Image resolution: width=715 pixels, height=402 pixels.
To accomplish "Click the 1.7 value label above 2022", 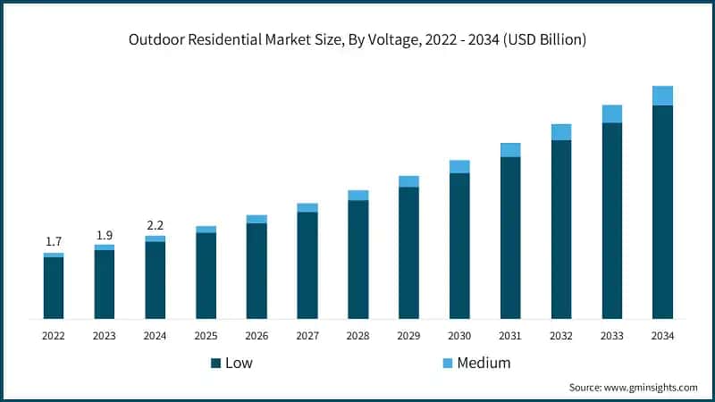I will point(54,242).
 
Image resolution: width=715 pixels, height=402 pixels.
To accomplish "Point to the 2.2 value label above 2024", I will point(155,225).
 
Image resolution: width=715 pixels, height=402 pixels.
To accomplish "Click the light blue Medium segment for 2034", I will point(662,96).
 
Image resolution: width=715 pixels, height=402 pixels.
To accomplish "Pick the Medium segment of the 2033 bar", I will point(611,113).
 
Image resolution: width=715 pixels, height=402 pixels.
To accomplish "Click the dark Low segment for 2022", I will point(54,288).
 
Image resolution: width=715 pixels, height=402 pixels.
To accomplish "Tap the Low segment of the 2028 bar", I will point(358,259).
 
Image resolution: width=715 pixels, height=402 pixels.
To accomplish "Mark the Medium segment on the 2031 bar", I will point(510,150).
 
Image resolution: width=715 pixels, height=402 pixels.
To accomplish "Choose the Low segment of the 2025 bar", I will point(206,275).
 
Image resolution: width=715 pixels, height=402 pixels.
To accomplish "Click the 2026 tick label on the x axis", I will point(257,336).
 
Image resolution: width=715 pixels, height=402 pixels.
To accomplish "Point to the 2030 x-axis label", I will point(459,336).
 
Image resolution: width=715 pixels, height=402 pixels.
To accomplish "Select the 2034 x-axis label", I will point(662,336).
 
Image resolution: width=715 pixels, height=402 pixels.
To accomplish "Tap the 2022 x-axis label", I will point(54,336).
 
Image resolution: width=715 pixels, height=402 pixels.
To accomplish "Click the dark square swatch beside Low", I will point(215,363).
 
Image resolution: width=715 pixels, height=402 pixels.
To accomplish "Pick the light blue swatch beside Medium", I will point(447,363).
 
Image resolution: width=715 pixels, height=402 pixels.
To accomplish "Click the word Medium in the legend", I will point(484,363).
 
